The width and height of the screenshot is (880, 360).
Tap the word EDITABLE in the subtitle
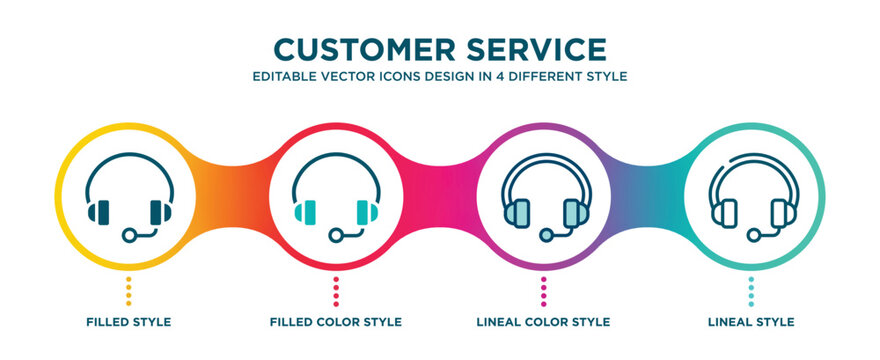pos(284,76)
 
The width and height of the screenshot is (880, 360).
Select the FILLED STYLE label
pos(128,322)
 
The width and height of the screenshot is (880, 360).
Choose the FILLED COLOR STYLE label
pos(336,322)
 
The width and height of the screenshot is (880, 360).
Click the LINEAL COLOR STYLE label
pos(543,322)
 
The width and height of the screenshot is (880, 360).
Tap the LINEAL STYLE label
pos(750,322)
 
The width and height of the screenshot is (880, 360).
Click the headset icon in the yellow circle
pos(130,198)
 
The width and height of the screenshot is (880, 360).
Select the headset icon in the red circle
pos(336,198)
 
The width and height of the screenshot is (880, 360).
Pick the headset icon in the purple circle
pos(543,198)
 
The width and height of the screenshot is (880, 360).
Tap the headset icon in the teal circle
pos(750,198)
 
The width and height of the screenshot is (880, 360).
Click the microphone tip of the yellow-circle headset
pos(128,235)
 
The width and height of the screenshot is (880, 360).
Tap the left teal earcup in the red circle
pos(306,212)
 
